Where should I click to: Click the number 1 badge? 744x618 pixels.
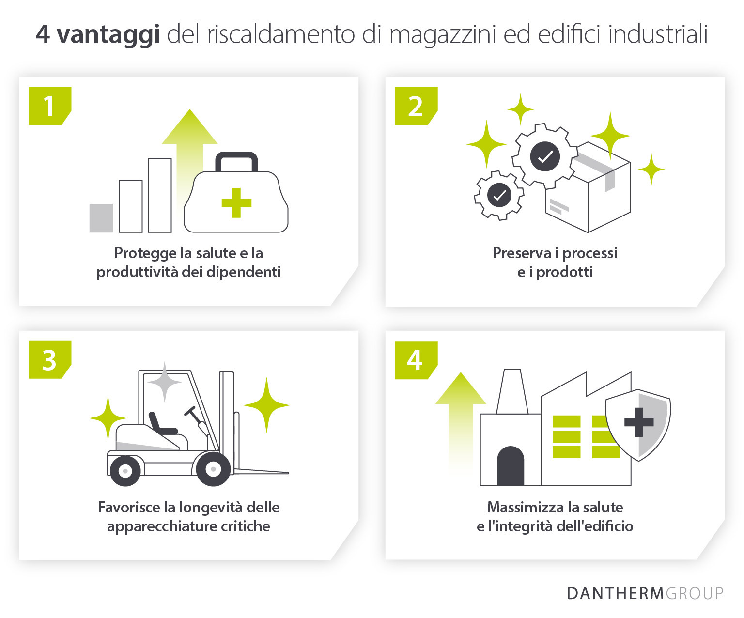(x=49, y=106)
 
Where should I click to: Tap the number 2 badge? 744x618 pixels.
(x=416, y=106)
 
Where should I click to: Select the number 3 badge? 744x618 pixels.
(x=49, y=360)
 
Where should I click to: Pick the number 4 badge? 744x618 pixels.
(x=416, y=360)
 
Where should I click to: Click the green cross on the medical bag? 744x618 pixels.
(x=236, y=202)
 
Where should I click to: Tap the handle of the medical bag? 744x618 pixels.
(x=236, y=160)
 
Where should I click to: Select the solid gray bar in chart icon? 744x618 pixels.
(x=101, y=218)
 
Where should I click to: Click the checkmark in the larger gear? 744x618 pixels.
(x=545, y=156)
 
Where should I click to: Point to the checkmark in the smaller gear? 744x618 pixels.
(x=499, y=195)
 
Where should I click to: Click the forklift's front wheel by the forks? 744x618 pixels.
(x=213, y=469)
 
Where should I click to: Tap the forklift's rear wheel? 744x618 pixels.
(x=125, y=470)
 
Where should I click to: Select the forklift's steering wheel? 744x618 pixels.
(x=190, y=411)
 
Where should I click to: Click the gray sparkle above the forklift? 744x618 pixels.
(x=165, y=382)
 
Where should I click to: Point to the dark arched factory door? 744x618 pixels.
(x=511, y=466)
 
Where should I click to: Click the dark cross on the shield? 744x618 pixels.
(x=639, y=422)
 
